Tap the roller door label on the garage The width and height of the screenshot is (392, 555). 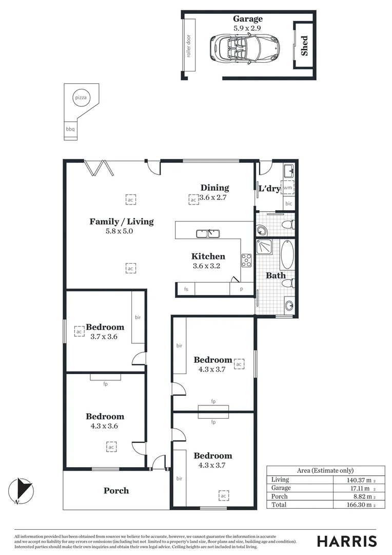(x=189, y=46)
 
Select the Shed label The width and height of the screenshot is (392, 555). (x=304, y=45)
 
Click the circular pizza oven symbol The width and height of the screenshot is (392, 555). (x=81, y=97)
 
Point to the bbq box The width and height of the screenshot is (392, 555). (x=70, y=129)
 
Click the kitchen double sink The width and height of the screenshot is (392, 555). (x=207, y=234)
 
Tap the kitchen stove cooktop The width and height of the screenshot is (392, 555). (x=246, y=261)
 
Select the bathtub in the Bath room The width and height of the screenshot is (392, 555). (x=287, y=255)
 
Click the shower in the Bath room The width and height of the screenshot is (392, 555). (x=265, y=247)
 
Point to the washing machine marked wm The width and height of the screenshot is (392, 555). (x=287, y=188)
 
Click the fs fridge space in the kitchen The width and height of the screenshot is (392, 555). (x=186, y=290)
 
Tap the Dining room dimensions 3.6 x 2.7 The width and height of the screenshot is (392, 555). (x=213, y=197)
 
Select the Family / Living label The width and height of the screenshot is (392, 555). (x=122, y=221)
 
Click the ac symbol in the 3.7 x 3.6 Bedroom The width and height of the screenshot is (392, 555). (x=79, y=331)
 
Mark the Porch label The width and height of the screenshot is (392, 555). (x=116, y=490)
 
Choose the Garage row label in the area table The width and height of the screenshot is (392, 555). (x=281, y=488)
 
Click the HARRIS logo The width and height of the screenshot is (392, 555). (x=346, y=541)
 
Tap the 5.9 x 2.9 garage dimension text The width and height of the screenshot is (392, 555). (x=247, y=28)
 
